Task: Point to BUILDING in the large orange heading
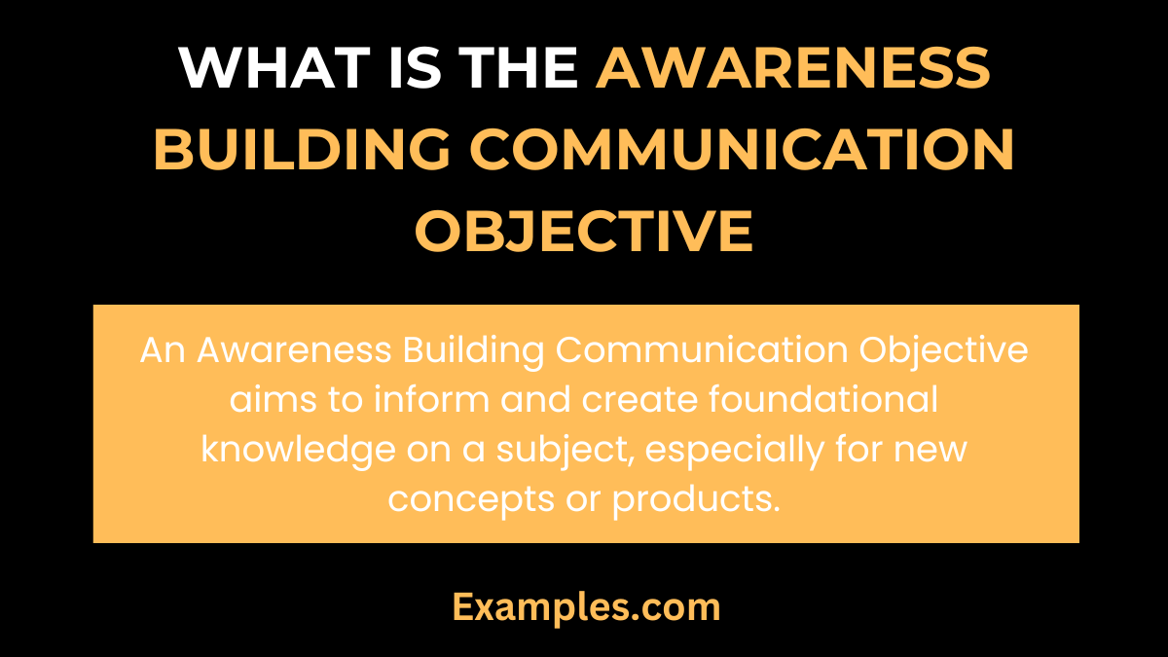point(303,149)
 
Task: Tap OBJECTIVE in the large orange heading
point(584,231)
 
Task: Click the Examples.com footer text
point(586,607)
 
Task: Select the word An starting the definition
point(163,350)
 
